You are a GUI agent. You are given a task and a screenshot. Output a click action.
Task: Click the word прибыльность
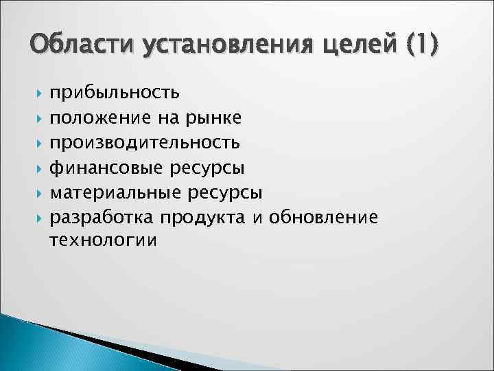[x=115, y=92]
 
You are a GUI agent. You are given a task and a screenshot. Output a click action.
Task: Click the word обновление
[x=323, y=217]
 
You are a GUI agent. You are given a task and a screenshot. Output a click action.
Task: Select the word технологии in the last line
[x=103, y=241]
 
